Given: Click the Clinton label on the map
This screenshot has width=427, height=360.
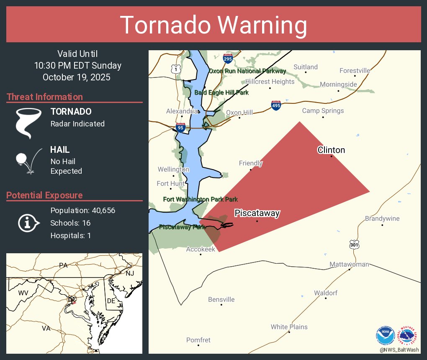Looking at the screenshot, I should pyautogui.click(x=331, y=150).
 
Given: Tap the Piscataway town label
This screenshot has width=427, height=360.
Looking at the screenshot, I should pyautogui.click(x=257, y=213).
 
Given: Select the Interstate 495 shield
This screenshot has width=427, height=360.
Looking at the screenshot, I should pyautogui.click(x=275, y=105).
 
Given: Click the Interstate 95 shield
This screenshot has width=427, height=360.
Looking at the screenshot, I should pyautogui.click(x=180, y=128).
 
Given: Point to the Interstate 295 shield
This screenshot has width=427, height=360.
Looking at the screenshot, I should pyautogui.click(x=228, y=59).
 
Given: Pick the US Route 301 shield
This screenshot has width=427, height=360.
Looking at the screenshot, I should pyautogui.click(x=354, y=244).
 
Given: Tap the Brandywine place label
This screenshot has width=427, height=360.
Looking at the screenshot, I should pyautogui.click(x=382, y=219).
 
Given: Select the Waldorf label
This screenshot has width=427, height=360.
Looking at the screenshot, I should pyautogui.click(x=326, y=293).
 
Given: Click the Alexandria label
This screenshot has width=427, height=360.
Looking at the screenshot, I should pyautogui.click(x=182, y=111).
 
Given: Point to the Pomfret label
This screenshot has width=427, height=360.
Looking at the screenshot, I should pyautogui.click(x=198, y=340).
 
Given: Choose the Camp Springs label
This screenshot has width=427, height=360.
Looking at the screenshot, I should pyautogui.click(x=323, y=111).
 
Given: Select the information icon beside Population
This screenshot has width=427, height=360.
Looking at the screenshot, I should pyautogui.click(x=28, y=223).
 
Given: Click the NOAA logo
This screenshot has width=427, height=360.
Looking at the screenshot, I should pyautogui.click(x=385, y=336).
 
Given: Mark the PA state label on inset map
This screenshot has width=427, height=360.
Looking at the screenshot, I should pyautogui.click(x=63, y=265).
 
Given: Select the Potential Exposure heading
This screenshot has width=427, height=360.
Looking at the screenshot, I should pyautogui.click(x=44, y=195).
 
